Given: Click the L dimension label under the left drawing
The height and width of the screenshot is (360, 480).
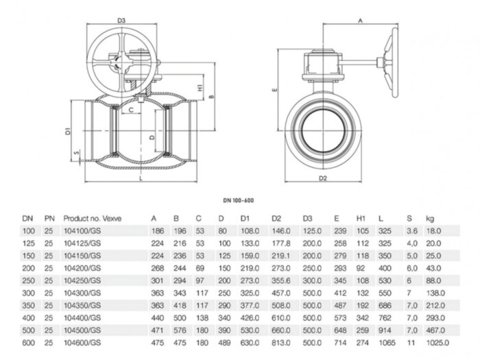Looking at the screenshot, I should coord(141,179).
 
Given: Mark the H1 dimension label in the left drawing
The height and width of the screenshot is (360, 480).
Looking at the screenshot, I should coord(200,89).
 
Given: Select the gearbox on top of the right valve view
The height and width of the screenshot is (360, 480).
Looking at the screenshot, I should coord(326,69).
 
